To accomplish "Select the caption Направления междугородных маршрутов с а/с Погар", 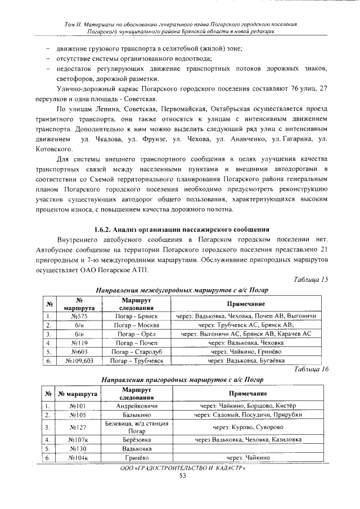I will click(179, 290).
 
